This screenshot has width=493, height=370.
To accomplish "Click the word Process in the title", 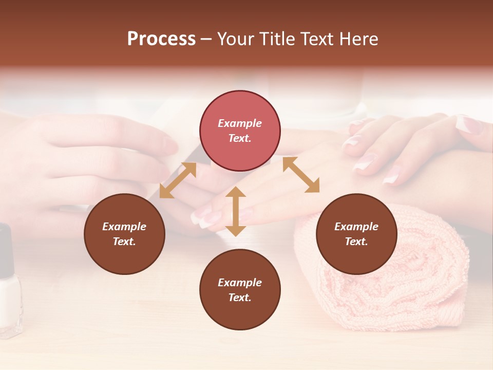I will click(x=161, y=39).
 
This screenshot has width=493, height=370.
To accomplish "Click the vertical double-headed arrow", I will click(x=236, y=211).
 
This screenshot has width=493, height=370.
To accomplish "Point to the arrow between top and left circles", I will click(x=178, y=180).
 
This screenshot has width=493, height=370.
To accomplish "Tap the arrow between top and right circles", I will click(x=301, y=175).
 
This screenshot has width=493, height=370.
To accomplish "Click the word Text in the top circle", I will click(x=240, y=139).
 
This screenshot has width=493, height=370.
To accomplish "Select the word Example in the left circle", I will click(x=124, y=227).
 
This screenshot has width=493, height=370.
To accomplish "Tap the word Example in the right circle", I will click(x=356, y=227).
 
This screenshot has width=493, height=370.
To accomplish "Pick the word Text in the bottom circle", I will click(x=240, y=298).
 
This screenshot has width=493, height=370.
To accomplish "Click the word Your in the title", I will click(x=235, y=39).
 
